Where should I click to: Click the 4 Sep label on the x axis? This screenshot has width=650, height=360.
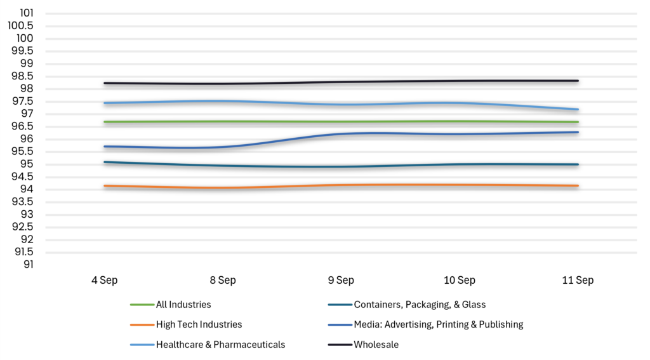105,281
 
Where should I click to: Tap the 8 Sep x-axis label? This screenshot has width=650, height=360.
223,281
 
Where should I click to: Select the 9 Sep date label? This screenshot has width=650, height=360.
341,281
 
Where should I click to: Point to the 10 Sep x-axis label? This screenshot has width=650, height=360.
460,281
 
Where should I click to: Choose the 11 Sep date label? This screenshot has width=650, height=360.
578,281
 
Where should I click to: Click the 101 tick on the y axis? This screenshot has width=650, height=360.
27,13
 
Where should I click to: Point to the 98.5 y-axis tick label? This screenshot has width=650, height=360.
22,76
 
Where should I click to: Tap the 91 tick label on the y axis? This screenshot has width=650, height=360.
28,265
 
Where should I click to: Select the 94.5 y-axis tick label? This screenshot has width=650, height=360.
22,177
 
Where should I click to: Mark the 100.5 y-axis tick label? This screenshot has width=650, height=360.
21,25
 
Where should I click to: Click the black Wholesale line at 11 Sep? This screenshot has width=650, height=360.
578,81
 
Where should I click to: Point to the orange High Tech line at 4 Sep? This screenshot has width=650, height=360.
105,186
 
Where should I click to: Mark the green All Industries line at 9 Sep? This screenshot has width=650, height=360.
341,121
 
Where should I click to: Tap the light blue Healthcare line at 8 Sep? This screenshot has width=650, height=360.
223,101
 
